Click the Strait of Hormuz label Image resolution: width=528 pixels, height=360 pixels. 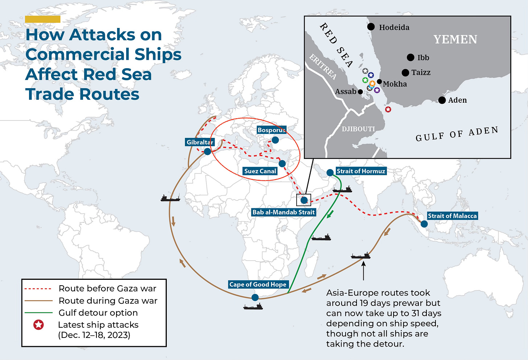(361, 171)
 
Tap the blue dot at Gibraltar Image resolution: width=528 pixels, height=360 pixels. (207, 151)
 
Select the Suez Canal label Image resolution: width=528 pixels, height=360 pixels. (260, 171)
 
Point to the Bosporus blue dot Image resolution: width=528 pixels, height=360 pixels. (275, 140)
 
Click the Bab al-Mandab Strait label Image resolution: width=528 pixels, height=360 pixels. (284, 212)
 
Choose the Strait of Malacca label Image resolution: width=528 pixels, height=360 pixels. (452, 216)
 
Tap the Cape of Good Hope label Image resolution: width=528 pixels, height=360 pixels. (258, 285)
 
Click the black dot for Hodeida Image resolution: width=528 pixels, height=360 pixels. (371, 26)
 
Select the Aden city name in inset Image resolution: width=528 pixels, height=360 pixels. (457, 100)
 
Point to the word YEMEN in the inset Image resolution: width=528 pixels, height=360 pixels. (455, 39)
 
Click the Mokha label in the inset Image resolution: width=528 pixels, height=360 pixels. (395, 84)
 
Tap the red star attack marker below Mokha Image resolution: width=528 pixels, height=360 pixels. (388, 109)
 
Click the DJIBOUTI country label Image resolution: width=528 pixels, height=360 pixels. (358, 129)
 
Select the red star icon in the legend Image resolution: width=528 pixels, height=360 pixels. (38, 325)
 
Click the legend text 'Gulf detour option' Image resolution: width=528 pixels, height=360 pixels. (98, 313)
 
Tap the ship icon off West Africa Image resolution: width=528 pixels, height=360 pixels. (170, 198)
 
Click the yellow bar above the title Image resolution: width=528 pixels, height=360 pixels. (43, 19)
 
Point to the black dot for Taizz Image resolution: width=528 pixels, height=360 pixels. (405, 73)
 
